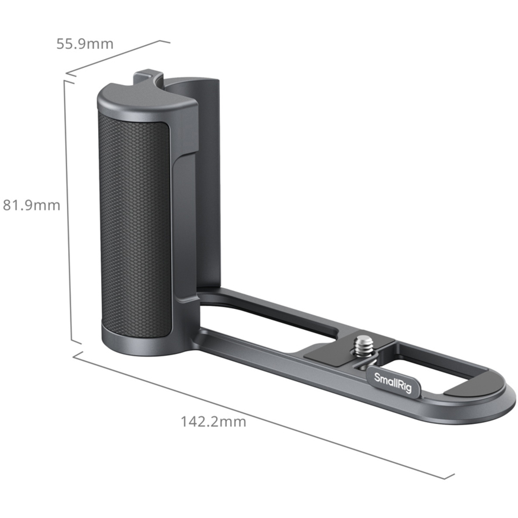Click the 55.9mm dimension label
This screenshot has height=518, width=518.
pyautogui.click(x=85, y=44)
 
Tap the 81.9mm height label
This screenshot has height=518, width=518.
pyautogui.click(x=31, y=205)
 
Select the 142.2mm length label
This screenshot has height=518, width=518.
pyautogui.click(x=213, y=422)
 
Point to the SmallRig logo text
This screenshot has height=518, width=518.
pyautogui.click(x=393, y=383)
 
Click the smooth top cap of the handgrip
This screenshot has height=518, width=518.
pyautogui.click(x=145, y=100)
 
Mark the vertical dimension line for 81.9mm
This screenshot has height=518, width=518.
pyautogui.click(x=68, y=211)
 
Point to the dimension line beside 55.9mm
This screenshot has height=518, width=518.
pyautogui.click(x=114, y=57)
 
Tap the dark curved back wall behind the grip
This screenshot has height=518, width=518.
pyautogui.click(x=207, y=173)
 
